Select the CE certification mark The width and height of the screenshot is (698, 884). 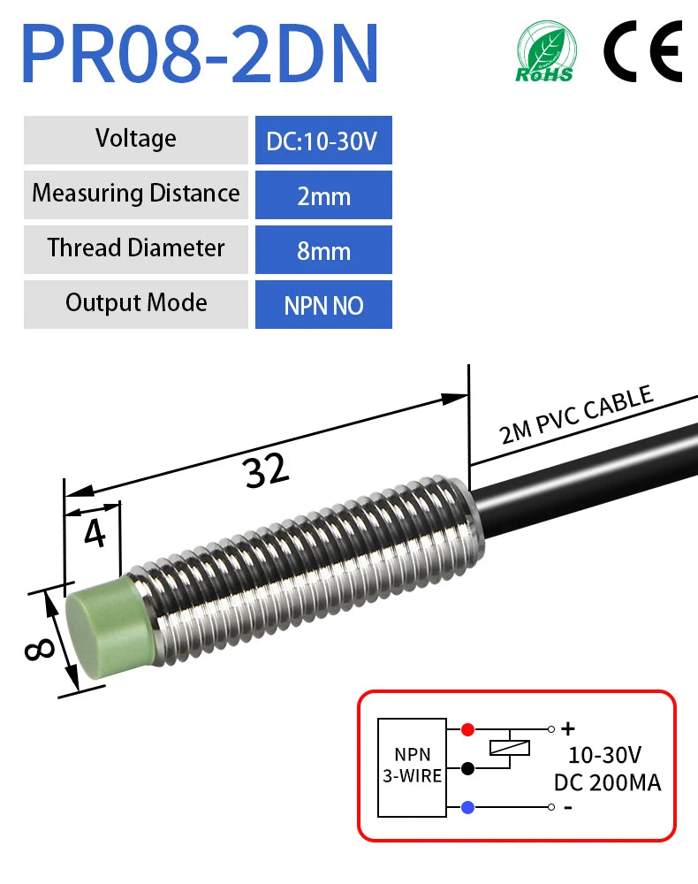click(x=643, y=50)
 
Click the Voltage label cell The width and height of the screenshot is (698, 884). click(x=136, y=139)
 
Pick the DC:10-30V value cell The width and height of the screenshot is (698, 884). click(x=323, y=141)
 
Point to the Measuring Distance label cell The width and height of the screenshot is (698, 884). click(x=136, y=194)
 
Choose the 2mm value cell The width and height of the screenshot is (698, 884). click(x=323, y=195)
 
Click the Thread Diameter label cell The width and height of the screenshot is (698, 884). click(x=136, y=248)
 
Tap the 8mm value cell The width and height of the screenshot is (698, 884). click(x=323, y=250)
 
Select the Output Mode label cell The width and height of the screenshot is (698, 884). click(x=136, y=303)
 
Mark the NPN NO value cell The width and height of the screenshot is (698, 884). click(x=323, y=305)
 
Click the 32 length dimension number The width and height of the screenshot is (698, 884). click(x=267, y=471)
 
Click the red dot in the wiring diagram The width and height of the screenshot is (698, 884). click(x=467, y=729)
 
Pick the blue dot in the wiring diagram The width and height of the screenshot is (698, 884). click(x=467, y=806)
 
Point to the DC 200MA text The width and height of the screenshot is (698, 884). click(x=607, y=781)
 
